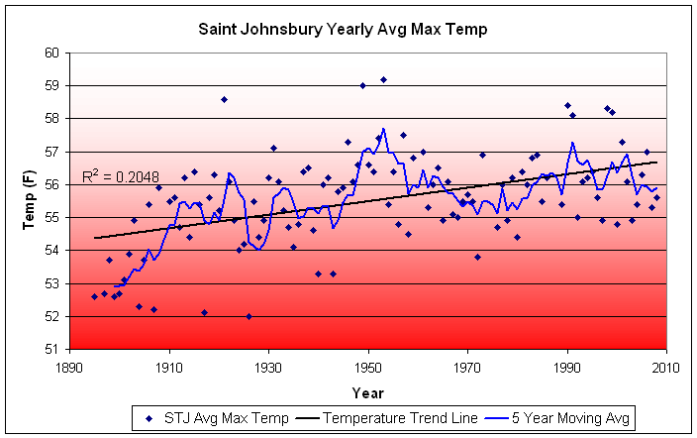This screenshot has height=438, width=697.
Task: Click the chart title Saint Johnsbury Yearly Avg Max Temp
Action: (x=349, y=31)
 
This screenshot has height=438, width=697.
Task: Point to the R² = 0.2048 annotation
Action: (x=120, y=177)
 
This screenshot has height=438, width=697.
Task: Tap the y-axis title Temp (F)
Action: (x=31, y=200)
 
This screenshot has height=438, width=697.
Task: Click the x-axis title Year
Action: (x=367, y=391)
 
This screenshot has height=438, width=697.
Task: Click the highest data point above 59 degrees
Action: (x=383, y=79)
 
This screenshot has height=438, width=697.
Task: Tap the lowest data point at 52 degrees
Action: (x=249, y=316)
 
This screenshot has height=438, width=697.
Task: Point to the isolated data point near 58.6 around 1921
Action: (x=224, y=99)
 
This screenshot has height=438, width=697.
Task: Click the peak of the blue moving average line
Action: (x=383, y=129)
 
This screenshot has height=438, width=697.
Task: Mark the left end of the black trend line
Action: (x=94, y=238)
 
